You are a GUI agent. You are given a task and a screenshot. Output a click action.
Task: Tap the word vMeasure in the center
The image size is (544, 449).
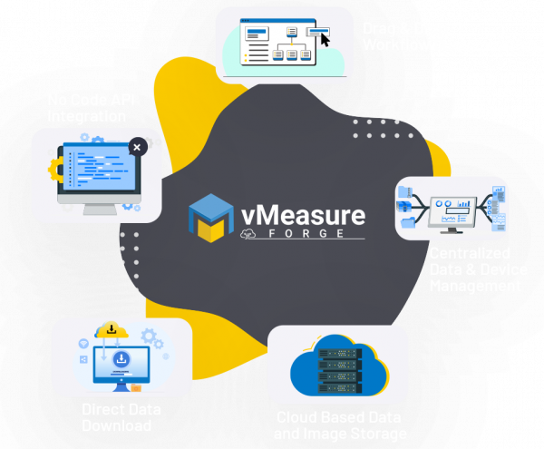tap(302, 216)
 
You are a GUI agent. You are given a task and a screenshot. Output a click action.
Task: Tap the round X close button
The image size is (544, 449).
tap(136, 145)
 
